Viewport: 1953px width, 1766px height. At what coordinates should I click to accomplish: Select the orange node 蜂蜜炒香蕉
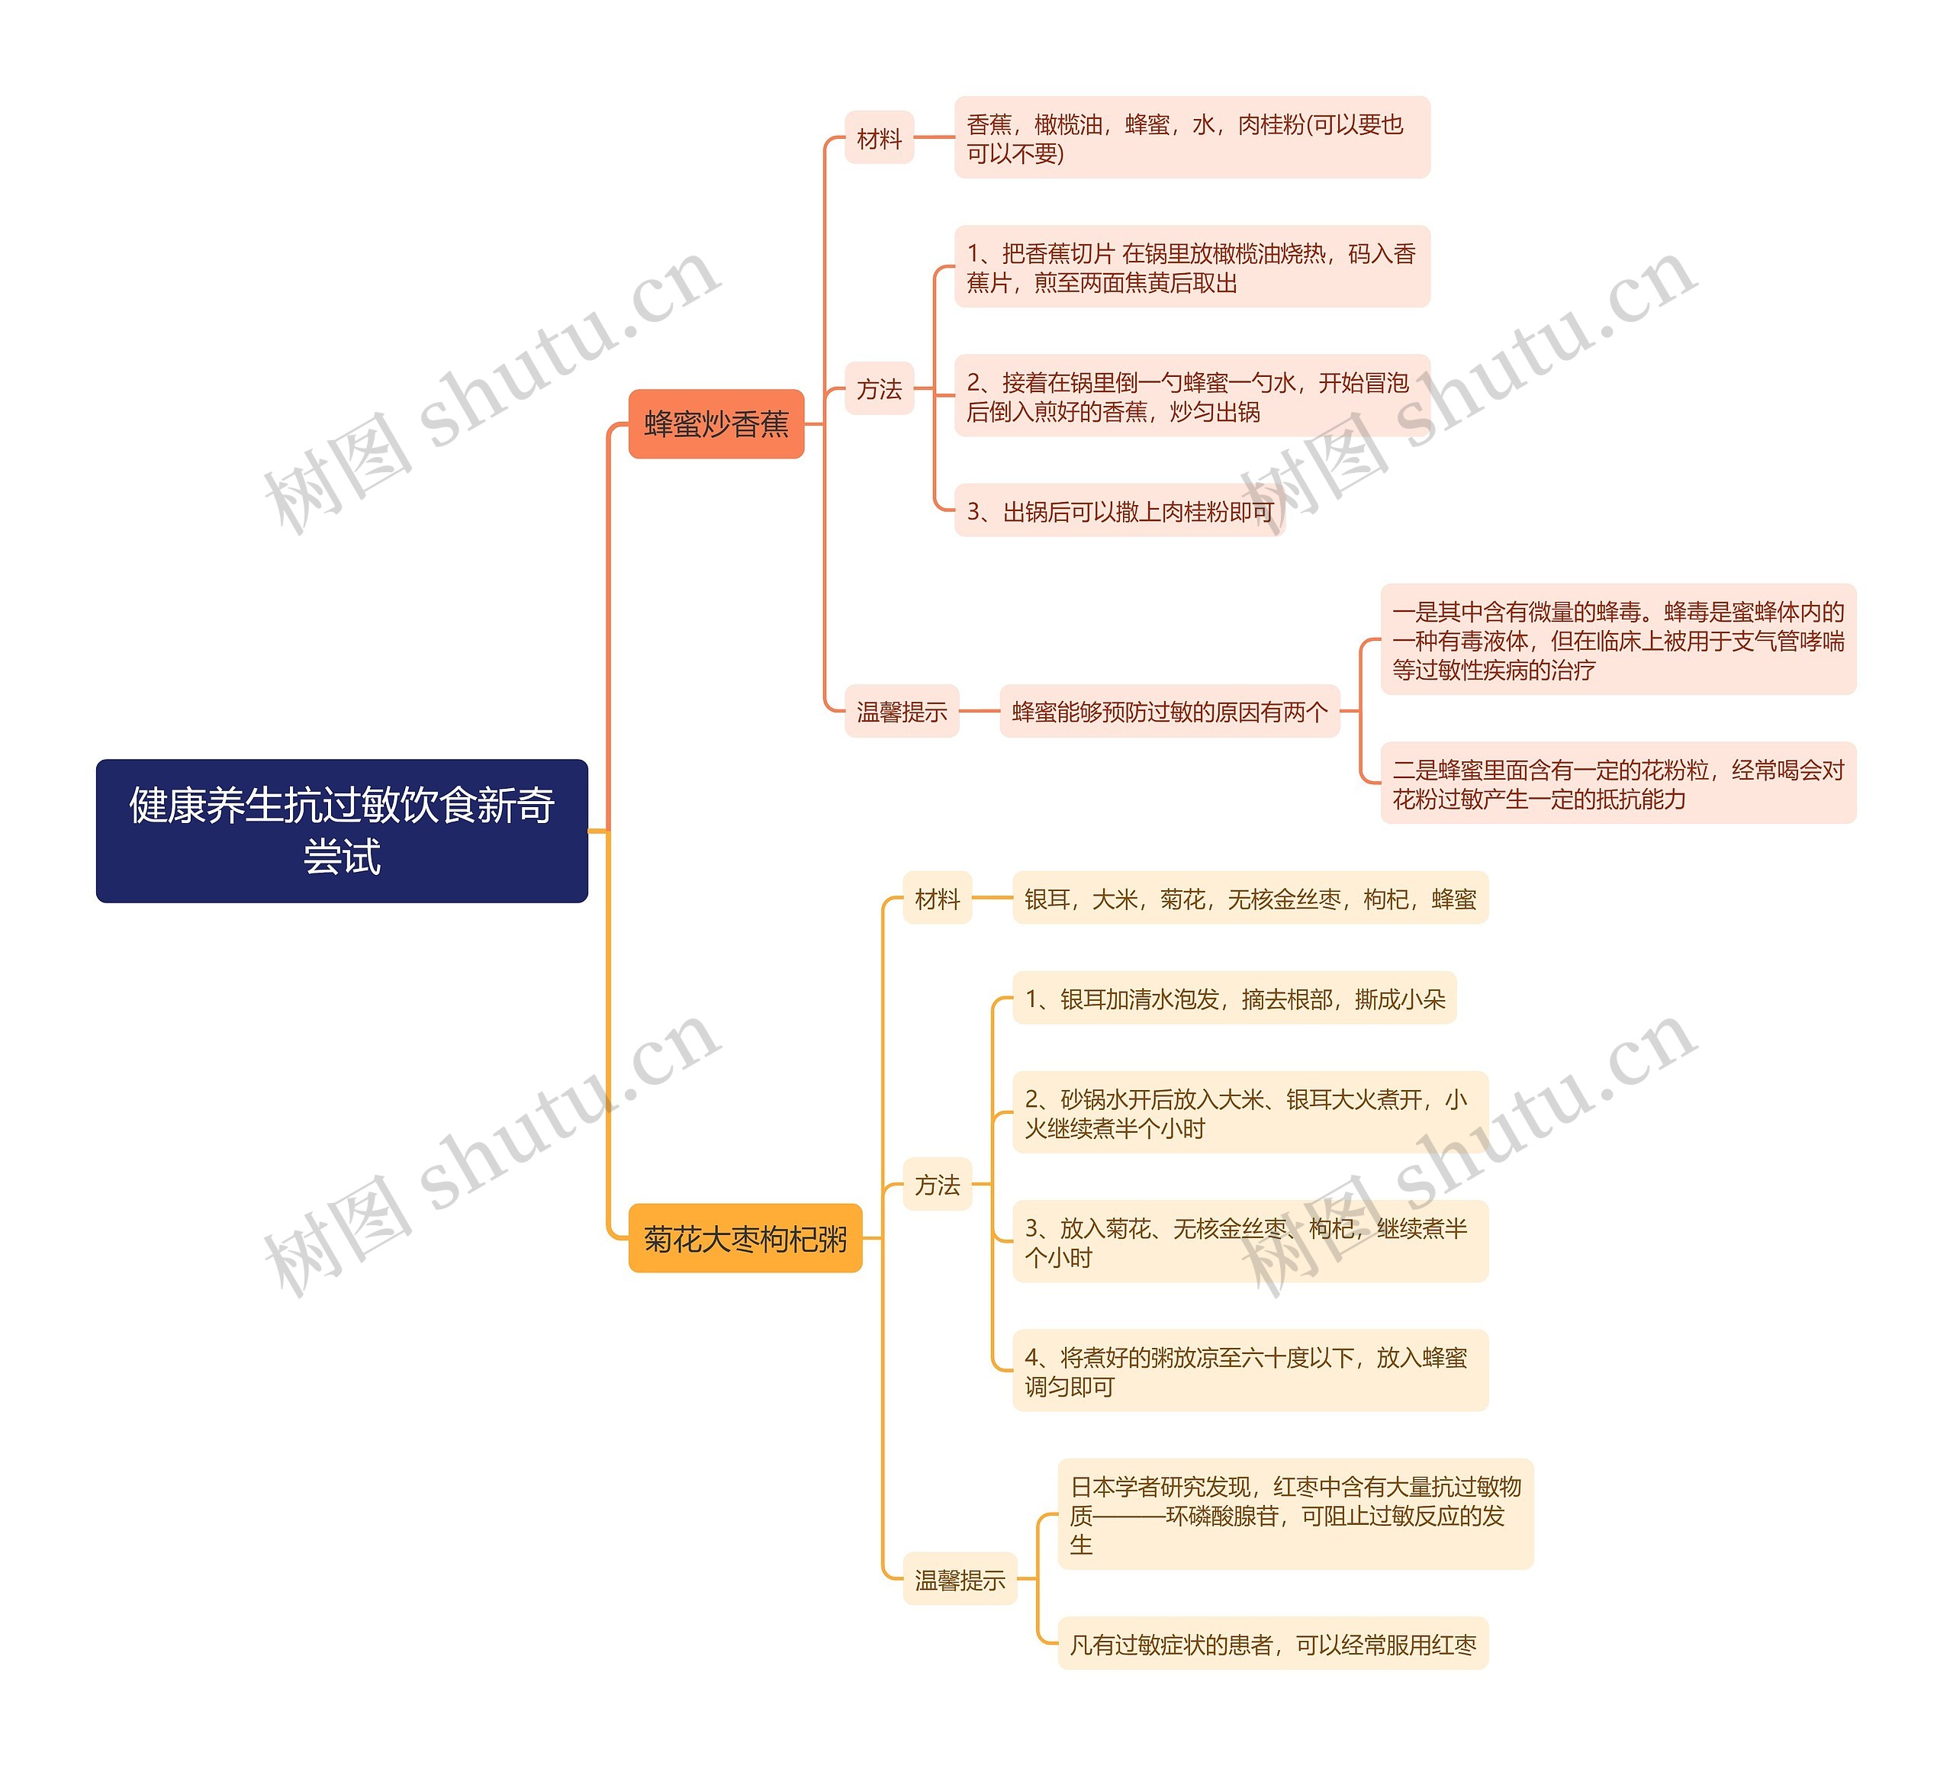716,423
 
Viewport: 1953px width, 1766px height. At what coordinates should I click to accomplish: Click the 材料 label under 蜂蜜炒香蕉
879,137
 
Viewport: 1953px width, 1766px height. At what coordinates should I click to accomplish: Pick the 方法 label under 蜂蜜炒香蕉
879,388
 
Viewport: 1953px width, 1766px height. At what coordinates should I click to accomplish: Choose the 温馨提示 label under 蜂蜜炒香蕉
901,711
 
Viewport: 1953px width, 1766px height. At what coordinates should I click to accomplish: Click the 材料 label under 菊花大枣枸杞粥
937,898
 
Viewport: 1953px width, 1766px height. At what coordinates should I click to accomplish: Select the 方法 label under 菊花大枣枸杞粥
937,1184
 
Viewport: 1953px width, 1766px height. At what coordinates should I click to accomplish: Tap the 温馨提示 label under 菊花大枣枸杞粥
959,1580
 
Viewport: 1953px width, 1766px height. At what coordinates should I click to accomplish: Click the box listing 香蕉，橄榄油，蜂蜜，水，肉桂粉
1192,137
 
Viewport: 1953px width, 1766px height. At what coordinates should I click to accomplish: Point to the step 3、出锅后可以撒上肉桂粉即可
1119,510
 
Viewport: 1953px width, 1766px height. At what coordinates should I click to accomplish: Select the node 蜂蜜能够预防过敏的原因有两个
1170,711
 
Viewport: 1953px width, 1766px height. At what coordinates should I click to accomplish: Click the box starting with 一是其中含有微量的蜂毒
1618,639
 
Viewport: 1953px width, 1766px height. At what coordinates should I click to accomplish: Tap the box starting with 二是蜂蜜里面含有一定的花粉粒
1618,783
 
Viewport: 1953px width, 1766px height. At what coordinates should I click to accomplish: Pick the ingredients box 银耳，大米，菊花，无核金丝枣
1250,898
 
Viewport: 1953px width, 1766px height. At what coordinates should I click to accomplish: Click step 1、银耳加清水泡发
1234,998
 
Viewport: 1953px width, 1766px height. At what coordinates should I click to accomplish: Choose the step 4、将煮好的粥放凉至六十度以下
1250,1371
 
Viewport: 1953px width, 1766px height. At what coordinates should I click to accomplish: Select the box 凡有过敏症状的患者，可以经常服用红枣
1272,1644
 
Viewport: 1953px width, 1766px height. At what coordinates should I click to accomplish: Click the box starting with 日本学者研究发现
1295,1514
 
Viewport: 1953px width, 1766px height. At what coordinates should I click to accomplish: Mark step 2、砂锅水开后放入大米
1250,1112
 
